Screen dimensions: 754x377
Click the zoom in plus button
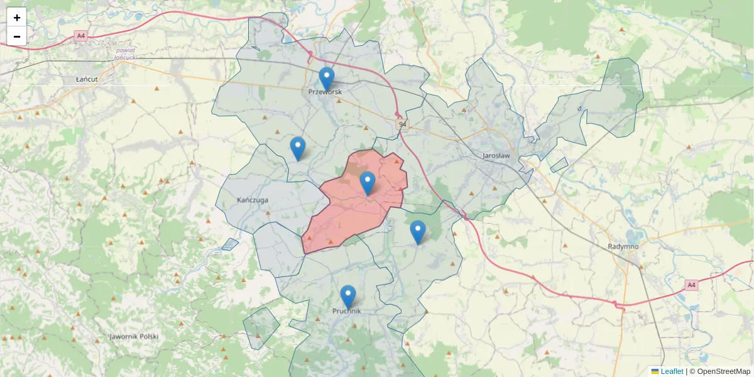tap(17, 18)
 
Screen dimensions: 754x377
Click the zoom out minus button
tap(17, 36)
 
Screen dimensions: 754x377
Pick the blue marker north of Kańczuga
tap(298, 149)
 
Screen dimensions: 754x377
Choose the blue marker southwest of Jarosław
tap(417, 232)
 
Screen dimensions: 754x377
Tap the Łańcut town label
tap(85, 80)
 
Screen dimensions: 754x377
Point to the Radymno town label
tap(623, 246)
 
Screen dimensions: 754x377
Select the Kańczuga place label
tap(253, 200)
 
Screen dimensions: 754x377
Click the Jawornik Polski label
tap(133, 336)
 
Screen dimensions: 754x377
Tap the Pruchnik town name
tap(346, 310)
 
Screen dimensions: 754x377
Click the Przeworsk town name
tap(325, 92)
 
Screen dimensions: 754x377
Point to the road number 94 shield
tap(402, 126)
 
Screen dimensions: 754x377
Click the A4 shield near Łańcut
tap(80, 36)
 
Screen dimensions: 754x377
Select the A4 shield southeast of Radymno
tap(691, 285)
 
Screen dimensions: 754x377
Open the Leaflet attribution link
tap(672, 371)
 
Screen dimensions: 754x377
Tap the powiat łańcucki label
tap(126, 53)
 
